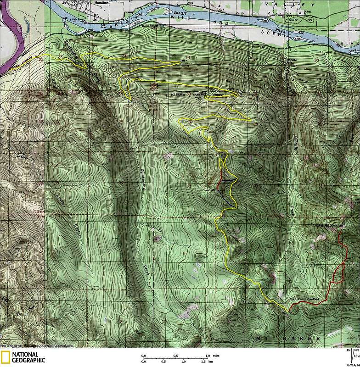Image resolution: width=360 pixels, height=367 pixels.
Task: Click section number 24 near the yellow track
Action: pos(123,56)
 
